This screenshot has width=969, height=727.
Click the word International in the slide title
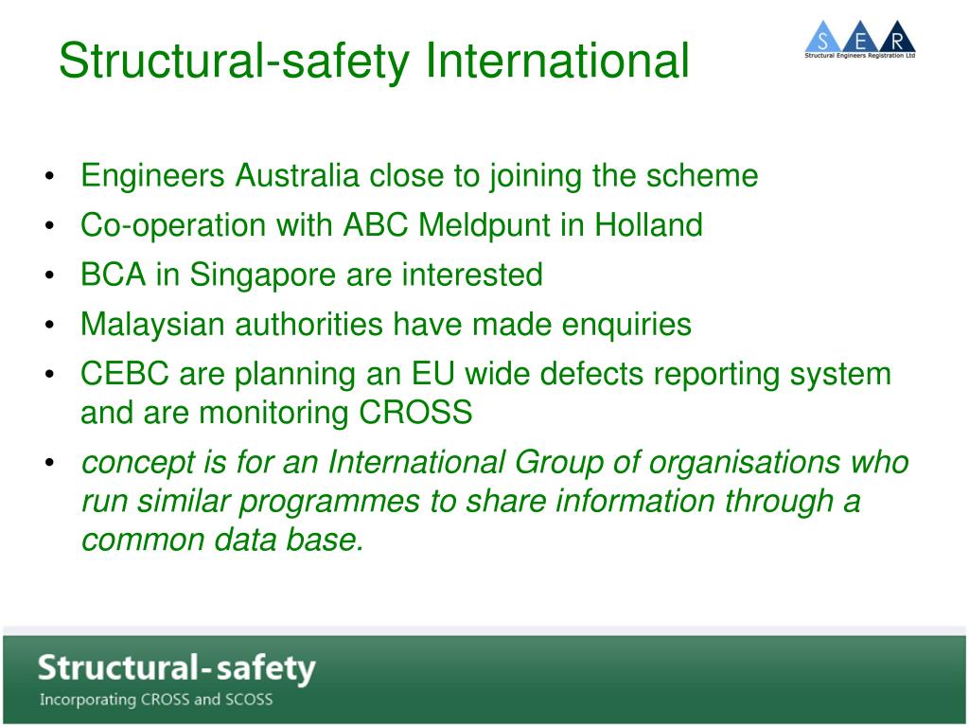(557, 61)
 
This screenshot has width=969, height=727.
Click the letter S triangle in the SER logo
(823, 40)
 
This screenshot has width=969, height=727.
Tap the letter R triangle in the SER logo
(896, 40)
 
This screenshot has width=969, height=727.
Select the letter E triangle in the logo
(860, 40)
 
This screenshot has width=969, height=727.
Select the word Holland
(648, 225)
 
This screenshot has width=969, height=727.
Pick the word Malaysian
(153, 325)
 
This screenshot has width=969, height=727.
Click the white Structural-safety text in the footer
(176, 668)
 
